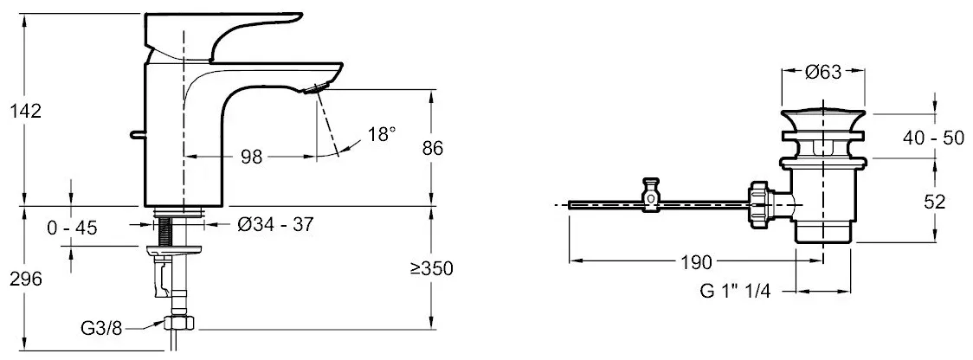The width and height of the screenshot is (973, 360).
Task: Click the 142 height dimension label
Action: point(25,112)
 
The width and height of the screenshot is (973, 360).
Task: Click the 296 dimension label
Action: point(25,280)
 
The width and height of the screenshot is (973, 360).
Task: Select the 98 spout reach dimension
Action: point(251,157)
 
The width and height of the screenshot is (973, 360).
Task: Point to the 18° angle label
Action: point(380,134)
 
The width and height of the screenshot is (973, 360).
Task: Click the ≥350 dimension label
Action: point(430,268)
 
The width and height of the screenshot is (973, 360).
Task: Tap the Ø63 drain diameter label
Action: point(823,73)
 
